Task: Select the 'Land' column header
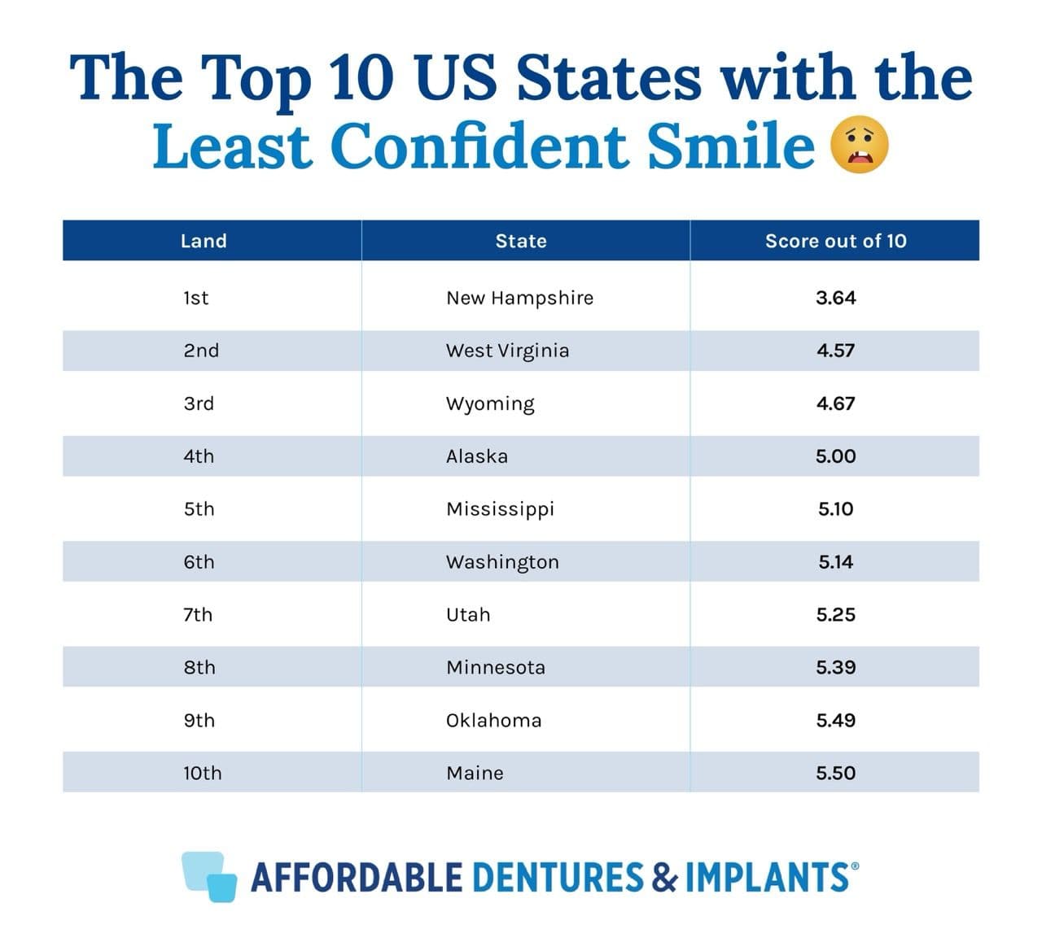click(x=204, y=241)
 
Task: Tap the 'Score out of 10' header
click(x=835, y=241)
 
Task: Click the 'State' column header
click(x=521, y=241)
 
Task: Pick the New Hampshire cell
click(x=519, y=298)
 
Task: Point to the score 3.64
click(x=835, y=298)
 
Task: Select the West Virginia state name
click(x=507, y=351)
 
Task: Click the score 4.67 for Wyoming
click(x=835, y=403)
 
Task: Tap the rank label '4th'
click(x=199, y=456)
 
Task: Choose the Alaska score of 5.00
click(x=835, y=456)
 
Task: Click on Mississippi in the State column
click(x=500, y=509)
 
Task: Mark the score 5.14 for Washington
click(x=835, y=562)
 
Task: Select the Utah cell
click(x=468, y=615)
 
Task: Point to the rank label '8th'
click(x=199, y=668)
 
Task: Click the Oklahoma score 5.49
click(x=835, y=721)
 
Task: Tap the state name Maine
click(x=475, y=773)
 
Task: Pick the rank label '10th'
click(x=202, y=773)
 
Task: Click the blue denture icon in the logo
click(x=209, y=877)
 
